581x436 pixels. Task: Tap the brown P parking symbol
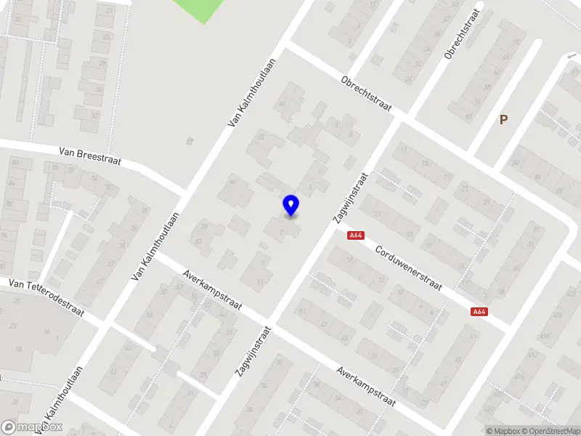503,120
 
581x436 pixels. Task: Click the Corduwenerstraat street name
408,267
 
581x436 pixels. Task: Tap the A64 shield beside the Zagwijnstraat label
356,235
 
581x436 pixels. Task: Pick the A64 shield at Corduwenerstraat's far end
478,312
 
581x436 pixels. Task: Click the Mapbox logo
33,427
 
